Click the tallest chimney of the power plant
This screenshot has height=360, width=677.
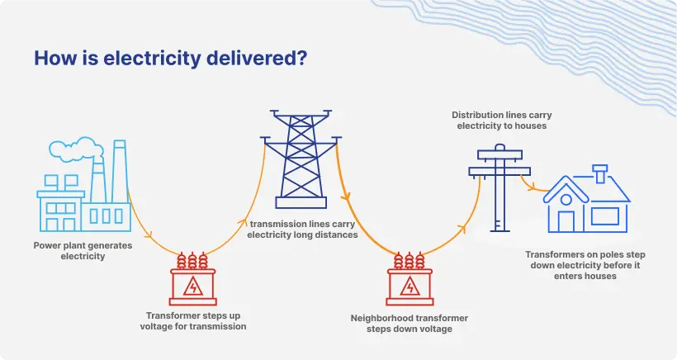coord(118,170)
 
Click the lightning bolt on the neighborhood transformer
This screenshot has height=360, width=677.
coord(410,286)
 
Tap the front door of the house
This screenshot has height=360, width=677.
coord(566,220)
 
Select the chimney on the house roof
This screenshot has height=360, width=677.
coord(600,173)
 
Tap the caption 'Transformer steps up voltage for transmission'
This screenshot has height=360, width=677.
coord(196,320)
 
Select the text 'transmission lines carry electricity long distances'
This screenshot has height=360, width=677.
coord(303,229)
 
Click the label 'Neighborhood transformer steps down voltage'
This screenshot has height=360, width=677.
coord(410,323)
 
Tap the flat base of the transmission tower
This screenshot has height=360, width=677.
coord(301,201)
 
